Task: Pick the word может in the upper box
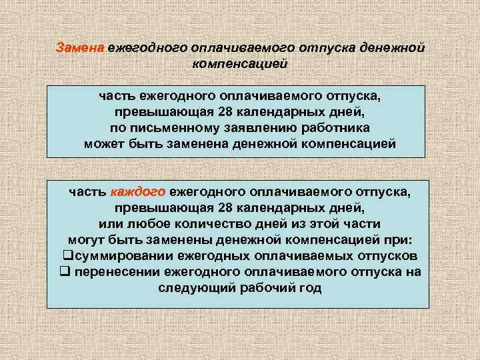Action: (x=104, y=144)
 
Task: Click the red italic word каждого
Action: (x=139, y=192)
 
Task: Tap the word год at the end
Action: (x=310, y=288)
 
